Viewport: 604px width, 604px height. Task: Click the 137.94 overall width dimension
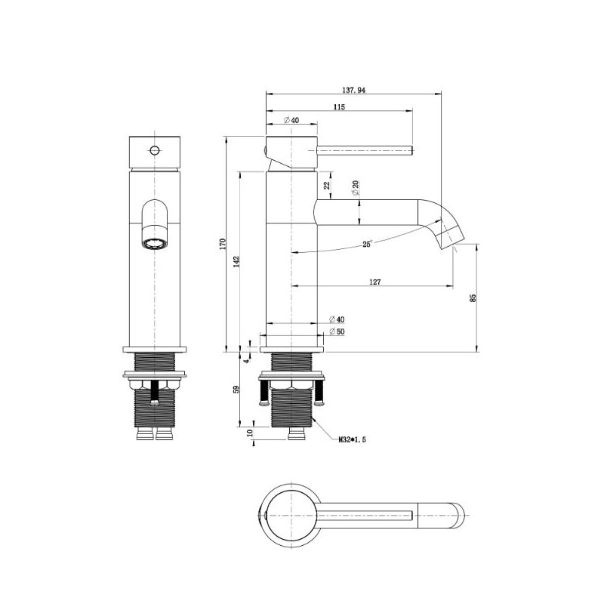click(x=353, y=90)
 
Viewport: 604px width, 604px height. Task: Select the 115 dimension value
click(x=339, y=107)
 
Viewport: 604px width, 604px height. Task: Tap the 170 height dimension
click(x=223, y=244)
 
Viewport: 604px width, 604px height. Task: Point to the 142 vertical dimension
click(x=236, y=261)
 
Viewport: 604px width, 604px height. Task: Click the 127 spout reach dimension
click(x=374, y=282)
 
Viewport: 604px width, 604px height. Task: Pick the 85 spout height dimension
click(x=473, y=297)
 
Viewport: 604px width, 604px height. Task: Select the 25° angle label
click(x=367, y=244)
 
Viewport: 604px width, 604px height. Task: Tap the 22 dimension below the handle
click(x=327, y=185)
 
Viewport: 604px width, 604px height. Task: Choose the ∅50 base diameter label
click(x=337, y=331)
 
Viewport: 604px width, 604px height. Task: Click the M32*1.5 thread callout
click(x=352, y=439)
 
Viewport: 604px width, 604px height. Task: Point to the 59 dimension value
click(x=236, y=389)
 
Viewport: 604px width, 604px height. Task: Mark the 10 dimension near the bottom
click(x=250, y=433)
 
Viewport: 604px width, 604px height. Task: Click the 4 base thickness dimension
click(x=247, y=361)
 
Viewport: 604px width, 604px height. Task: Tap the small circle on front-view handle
click(x=155, y=149)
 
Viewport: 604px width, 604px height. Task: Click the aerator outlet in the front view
click(x=155, y=244)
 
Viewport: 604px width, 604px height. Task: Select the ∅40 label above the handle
click(x=291, y=120)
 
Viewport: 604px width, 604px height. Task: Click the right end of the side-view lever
click(x=412, y=149)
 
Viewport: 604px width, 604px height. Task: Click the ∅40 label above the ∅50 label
click(x=337, y=319)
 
